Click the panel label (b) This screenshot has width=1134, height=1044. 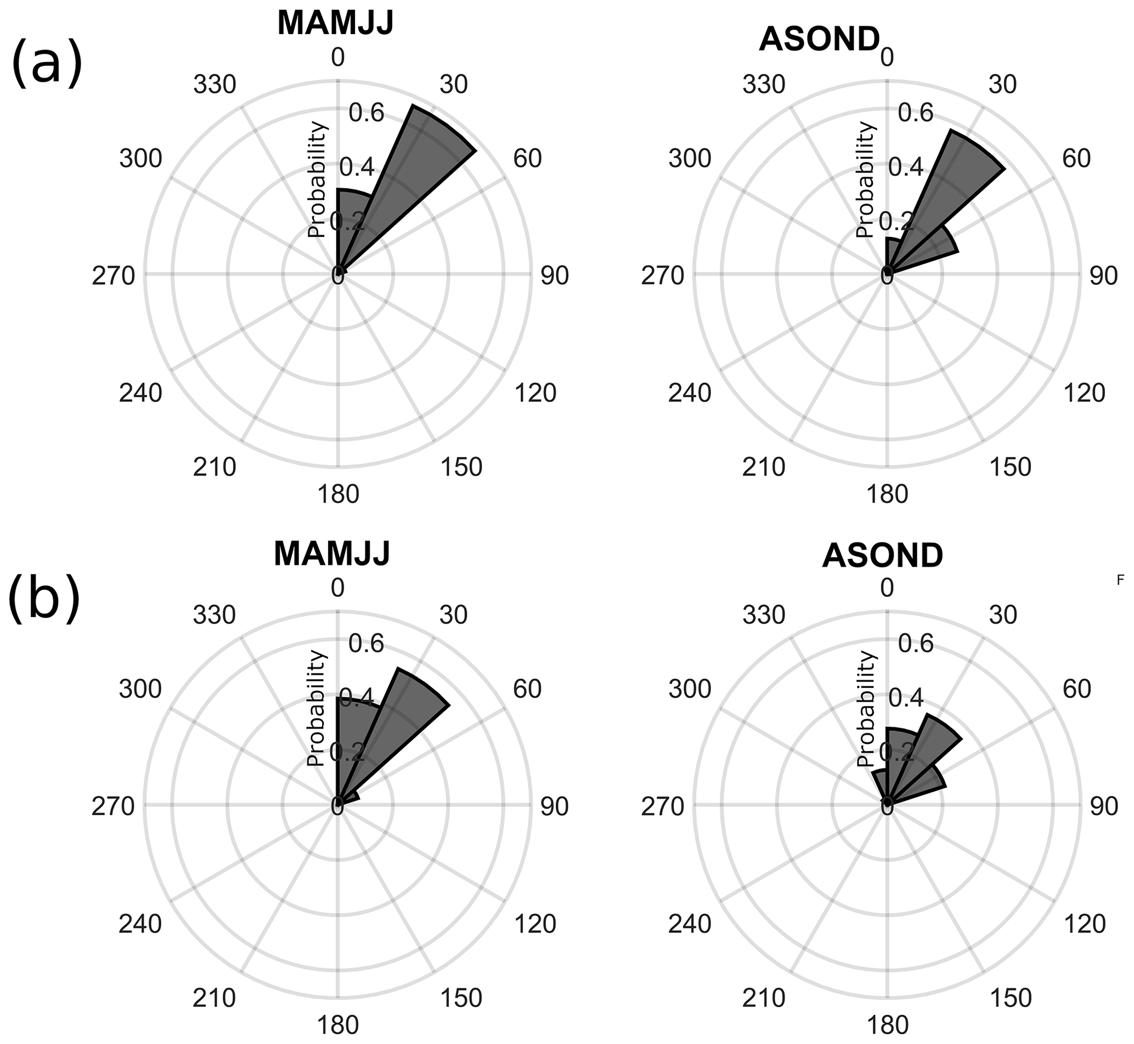[x=45, y=597]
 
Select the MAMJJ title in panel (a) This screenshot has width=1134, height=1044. [x=335, y=24]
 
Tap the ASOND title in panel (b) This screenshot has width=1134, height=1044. [x=883, y=556]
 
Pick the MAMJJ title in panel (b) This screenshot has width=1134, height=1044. [x=332, y=554]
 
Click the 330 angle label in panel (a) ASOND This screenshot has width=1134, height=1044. [x=764, y=84]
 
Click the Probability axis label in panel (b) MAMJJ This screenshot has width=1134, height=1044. [x=317, y=708]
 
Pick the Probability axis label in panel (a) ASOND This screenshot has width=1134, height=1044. [x=865, y=179]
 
